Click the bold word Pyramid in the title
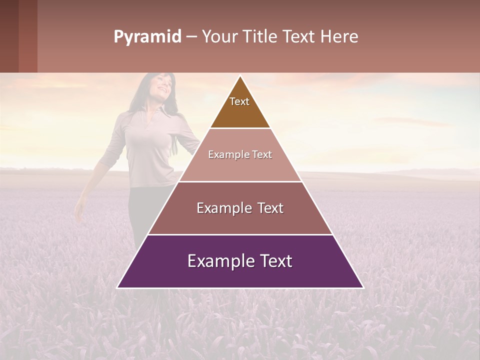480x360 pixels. click(x=147, y=37)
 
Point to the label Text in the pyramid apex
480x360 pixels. click(x=239, y=101)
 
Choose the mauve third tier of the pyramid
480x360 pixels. click(x=240, y=220)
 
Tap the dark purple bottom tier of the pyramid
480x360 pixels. click(x=240, y=275)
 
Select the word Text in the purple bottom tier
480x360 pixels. click(x=274, y=261)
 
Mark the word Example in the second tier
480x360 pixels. click(x=226, y=154)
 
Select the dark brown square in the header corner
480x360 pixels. click(x=9, y=36)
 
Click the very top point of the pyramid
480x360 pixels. click(x=240, y=76)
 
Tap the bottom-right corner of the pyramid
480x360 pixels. click(x=363, y=287)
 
